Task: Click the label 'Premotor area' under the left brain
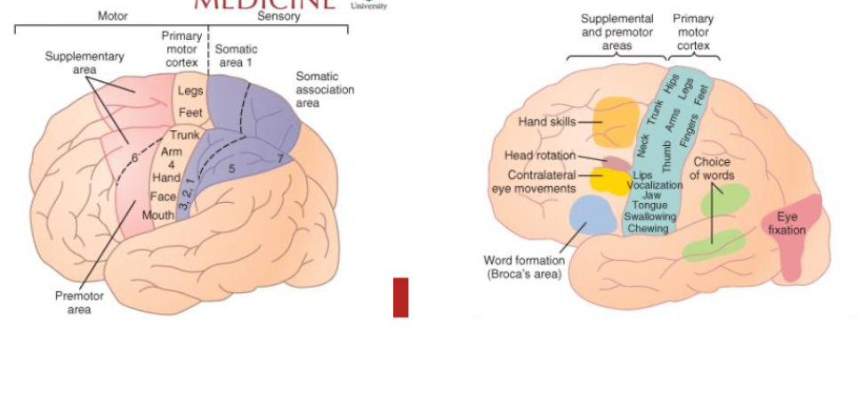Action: (79, 303)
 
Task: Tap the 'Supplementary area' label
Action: (85, 63)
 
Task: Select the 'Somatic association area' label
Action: (325, 90)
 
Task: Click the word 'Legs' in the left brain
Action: (190, 92)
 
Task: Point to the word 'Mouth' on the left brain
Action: (158, 215)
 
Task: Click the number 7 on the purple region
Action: (279, 158)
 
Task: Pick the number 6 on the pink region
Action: (134, 157)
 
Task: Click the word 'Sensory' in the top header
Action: (278, 16)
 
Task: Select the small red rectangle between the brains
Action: (400, 297)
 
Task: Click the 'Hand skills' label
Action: (547, 121)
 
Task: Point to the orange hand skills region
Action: (615, 121)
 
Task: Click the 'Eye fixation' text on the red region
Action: (786, 223)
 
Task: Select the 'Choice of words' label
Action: (712, 169)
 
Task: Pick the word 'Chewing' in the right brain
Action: (648, 228)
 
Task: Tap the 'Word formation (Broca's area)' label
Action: (524, 267)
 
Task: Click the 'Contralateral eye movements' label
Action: (536, 182)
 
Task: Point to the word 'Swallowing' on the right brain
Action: (650, 216)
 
